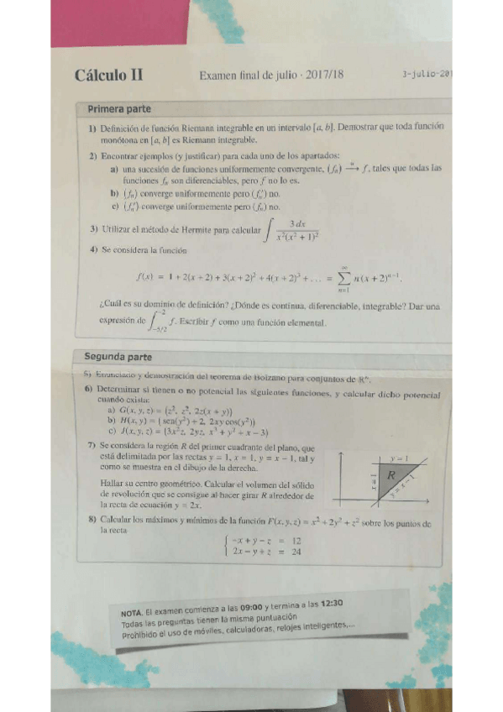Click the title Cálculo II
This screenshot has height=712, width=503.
pos(108,75)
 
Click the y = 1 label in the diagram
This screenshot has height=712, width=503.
pos(399,459)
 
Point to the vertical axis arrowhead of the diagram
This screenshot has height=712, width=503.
pos(344,453)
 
